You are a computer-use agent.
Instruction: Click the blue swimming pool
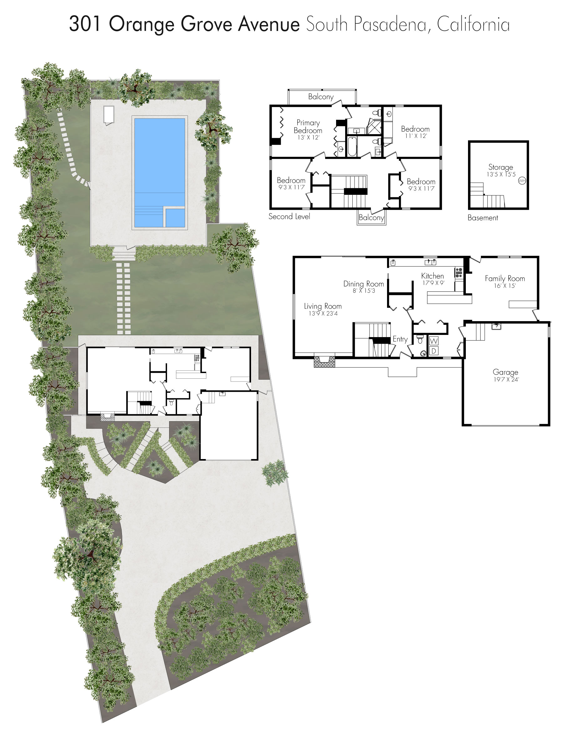(x=159, y=173)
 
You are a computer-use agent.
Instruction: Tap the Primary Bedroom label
(x=308, y=127)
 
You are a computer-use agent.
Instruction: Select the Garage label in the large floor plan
(x=505, y=372)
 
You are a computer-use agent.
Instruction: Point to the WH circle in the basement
(x=521, y=181)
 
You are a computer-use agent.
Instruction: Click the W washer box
(x=434, y=341)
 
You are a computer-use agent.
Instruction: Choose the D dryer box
(x=434, y=351)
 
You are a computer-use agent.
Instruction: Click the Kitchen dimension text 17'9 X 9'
(x=433, y=283)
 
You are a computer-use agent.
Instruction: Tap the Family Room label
(x=505, y=278)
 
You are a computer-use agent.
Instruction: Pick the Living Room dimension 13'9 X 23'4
(x=323, y=313)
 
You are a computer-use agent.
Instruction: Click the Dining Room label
(x=364, y=284)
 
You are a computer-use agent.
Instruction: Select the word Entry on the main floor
(x=400, y=339)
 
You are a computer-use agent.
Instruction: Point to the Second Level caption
(x=289, y=216)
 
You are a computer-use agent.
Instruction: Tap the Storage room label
(x=501, y=167)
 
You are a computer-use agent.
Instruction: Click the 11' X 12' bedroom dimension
(x=415, y=136)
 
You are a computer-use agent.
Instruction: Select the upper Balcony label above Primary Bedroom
(x=321, y=97)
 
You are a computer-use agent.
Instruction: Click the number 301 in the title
(x=85, y=24)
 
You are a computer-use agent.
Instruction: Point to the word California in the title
(x=473, y=24)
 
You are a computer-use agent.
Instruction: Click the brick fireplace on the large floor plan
(x=324, y=361)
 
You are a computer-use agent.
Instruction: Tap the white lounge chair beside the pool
(x=108, y=115)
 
